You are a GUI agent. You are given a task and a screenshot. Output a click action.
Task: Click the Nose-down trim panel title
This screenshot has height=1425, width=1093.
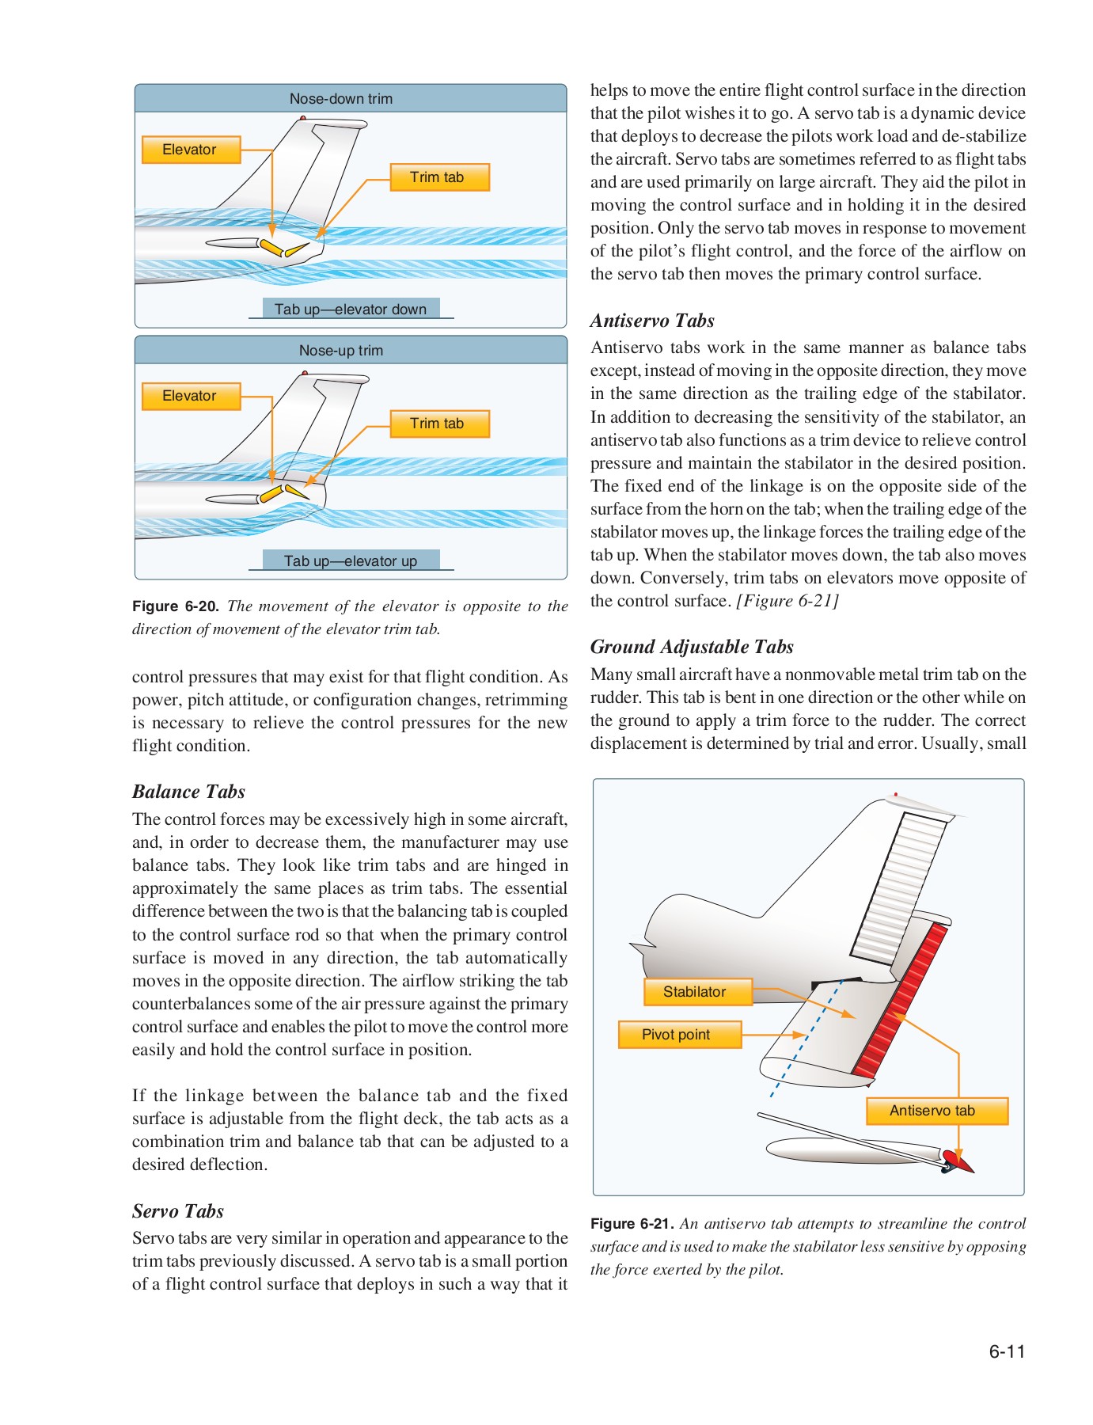pos(340,99)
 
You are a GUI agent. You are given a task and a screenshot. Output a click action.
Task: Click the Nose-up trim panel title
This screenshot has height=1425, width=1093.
pos(340,351)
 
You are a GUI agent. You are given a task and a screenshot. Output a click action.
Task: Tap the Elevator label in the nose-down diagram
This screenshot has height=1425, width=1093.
pos(190,150)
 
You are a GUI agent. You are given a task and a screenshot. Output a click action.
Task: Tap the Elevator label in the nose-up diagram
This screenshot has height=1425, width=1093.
pos(190,396)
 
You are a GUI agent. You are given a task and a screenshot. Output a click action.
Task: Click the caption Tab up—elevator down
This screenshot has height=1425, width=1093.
pos(351,310)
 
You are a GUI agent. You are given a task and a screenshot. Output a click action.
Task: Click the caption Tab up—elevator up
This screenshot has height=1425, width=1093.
pos(351,561)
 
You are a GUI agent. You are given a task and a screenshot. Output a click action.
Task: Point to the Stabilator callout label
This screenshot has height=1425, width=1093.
pos(695,992)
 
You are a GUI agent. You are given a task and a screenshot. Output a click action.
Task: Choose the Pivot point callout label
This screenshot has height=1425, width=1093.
pos(677,1035)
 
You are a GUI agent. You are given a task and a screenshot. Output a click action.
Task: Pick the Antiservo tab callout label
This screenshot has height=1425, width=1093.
pos(933,1111)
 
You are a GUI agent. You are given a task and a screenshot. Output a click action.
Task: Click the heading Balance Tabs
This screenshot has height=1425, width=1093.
pos(188,792)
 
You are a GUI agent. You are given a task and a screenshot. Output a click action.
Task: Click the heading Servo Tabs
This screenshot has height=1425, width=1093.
pos(178,1211)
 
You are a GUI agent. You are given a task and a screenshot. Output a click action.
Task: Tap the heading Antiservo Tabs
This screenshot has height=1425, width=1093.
pos(652,321)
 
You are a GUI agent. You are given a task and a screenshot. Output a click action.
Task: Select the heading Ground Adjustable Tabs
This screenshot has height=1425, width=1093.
pos(692,647)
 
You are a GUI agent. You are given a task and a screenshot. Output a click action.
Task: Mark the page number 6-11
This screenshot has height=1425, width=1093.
pos(1007,1351)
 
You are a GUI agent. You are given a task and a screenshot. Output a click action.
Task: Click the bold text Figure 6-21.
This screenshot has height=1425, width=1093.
pos(632,1224)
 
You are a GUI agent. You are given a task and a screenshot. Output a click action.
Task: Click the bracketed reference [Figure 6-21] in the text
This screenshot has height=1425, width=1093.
pos(787,601)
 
